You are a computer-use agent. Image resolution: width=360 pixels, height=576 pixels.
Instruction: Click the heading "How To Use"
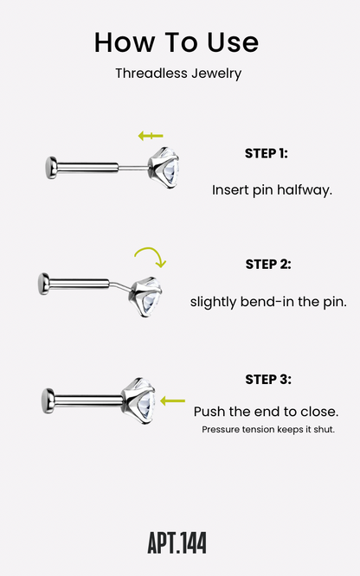[177, 42]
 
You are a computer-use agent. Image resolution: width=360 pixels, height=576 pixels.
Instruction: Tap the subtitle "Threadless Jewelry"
[178, 74]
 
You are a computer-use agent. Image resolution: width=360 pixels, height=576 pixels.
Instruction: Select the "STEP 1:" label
[267, 153]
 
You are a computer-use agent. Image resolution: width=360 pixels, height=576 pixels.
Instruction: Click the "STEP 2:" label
[268, 264]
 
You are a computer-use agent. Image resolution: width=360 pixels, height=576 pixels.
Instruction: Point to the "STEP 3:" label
[268, 379]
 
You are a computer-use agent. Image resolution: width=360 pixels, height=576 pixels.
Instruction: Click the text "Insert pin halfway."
[272, 190]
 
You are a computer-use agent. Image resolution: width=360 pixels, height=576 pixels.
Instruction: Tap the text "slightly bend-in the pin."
[268, 302]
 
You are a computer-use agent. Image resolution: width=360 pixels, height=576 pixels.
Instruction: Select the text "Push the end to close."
[266, 412]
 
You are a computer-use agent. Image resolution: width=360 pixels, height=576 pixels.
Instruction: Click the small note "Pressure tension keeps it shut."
[268, 429]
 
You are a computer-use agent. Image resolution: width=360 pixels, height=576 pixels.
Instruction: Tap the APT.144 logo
[177, 542]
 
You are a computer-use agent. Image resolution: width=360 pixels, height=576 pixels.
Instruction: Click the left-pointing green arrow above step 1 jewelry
[151, 136]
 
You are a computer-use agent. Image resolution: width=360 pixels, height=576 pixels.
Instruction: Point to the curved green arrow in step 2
[152, 251]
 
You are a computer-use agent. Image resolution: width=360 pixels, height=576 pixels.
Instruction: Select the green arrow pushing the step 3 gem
[172, 400]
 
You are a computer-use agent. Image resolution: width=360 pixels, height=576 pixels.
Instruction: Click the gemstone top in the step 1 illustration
[164, 168]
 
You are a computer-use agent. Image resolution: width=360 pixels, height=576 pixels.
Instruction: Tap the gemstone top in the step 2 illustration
[145, 297]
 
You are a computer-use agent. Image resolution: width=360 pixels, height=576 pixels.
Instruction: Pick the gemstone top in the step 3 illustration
[138, 400]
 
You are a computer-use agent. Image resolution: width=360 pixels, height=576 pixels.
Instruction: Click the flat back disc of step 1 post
[51, 168]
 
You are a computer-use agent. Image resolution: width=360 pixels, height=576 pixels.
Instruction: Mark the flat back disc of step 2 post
[44, 284]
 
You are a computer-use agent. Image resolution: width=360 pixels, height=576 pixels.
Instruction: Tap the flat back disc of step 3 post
[48, 400]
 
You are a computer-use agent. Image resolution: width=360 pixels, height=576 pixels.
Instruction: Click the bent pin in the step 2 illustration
[120, 285]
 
